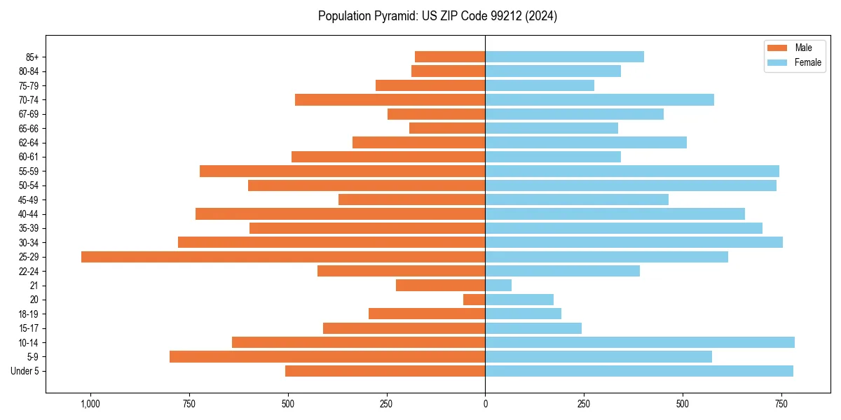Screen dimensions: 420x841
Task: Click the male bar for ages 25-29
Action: [283, 257]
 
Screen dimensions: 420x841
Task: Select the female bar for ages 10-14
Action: [640, 342]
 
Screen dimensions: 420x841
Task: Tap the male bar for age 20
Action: [474, 300]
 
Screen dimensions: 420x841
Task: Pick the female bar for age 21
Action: [498, 286]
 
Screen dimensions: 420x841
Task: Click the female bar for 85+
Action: [564, 57]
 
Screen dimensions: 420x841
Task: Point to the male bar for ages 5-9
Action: [327, 357]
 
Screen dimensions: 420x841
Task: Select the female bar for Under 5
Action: [639, 371]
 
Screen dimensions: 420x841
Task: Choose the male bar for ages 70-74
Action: [390, 99]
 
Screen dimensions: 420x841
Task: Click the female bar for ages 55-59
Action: [632, 171]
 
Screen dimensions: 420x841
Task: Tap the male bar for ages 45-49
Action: [411, 199]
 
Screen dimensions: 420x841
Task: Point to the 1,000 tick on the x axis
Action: [90, 404]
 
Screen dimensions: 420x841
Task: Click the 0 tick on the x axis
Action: [485, 404]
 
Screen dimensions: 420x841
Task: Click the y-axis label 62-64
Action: [29, 143]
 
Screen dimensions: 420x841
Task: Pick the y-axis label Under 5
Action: [25, 371]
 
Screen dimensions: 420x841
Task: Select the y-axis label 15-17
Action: [29, 328]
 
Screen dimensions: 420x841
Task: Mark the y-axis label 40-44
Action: [29, 214]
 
